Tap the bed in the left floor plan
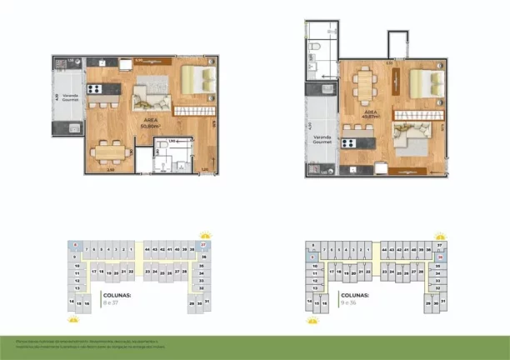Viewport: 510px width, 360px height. click(x=198, y=80)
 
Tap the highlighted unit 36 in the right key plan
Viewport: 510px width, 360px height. click(x=439, y=258)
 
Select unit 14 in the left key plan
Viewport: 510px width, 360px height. click(x=72, y=302)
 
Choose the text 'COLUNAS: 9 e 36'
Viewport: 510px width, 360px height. click(x=355, y=297)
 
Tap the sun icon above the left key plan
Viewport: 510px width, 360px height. click(x=205, y=235)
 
